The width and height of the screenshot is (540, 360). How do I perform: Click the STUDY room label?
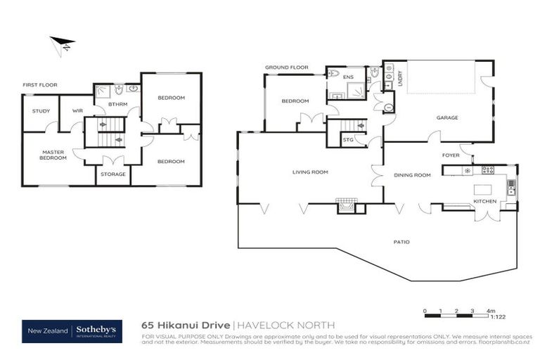click(41, 110)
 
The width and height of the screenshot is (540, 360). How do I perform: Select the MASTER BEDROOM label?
click(53, 155)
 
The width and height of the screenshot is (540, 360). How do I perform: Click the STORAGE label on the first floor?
click(113, 174)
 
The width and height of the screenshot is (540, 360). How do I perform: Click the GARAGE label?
click(447, 117)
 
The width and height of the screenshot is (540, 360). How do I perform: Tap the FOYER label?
click(451, 155)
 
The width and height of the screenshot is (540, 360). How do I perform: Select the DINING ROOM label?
click(412, 175)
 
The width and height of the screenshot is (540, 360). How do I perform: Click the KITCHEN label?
click(484, 202)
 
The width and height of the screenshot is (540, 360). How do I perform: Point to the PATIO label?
click(401, 243)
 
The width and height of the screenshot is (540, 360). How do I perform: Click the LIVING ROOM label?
click(310, 172)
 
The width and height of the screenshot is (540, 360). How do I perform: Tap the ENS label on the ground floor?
click(347, 77)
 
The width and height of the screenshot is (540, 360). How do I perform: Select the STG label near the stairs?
click(348, 140)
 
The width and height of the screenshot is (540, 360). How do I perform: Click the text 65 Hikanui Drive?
click(185, 326)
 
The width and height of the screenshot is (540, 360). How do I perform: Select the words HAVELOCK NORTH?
click(284, 326)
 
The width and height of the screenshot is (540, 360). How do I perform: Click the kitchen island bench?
click(483, 188)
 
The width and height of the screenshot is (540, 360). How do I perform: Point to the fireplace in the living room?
click(347, 206)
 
